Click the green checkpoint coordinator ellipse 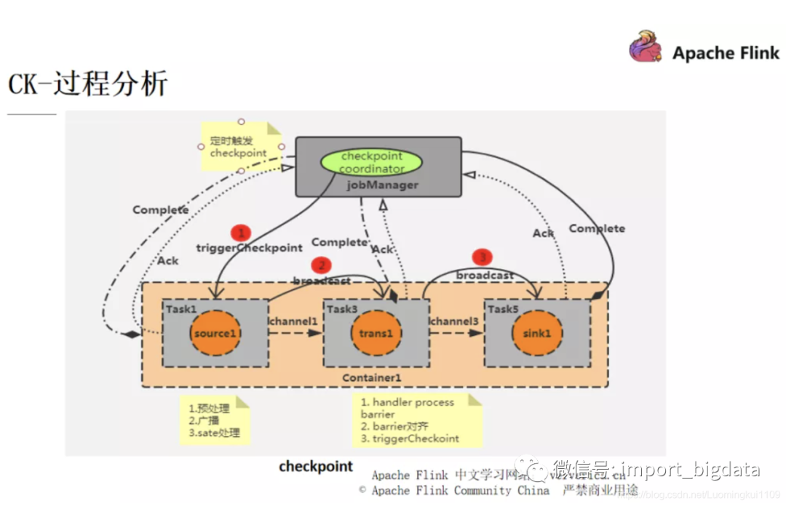[371, 162]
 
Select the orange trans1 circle [376, 333]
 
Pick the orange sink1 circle [537, 333]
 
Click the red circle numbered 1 [240, 233]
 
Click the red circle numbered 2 [321, 266]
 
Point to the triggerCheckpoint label [249, 248]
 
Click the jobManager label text [382, 185]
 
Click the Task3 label [341, 309]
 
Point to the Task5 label [502, 309]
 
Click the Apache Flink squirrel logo [646, 47]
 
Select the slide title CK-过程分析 [87, 84]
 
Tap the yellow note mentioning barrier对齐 [417, 420]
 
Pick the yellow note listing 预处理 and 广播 [214, 421]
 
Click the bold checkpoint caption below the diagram [316, 466]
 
